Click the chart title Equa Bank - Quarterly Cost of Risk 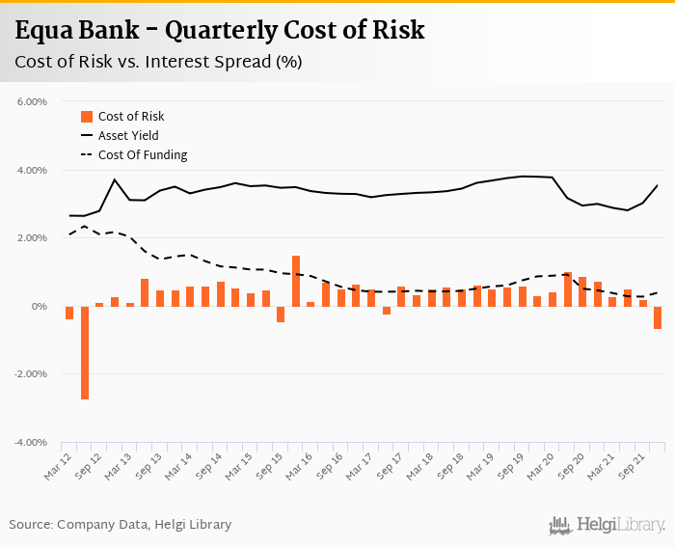pyautogui.click(x=219, y=31)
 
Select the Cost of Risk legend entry pyautogui.click(x=131, y=117)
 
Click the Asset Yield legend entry pyautogui.click(x=128, y=136)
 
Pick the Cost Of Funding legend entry pyautogui.click(x=143, y=155)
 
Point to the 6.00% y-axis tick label pyautogui.click(x=32, y=102)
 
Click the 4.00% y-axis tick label pyautogui.click(x=32, y=171)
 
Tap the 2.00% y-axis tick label pyautogui.click(x=32, y=238)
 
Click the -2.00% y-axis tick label pyautogui.click(x=31, y=374)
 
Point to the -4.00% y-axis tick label pyautogui.click(x=31, y=443)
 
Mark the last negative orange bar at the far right pyautogui.click(x=658, y=317)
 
